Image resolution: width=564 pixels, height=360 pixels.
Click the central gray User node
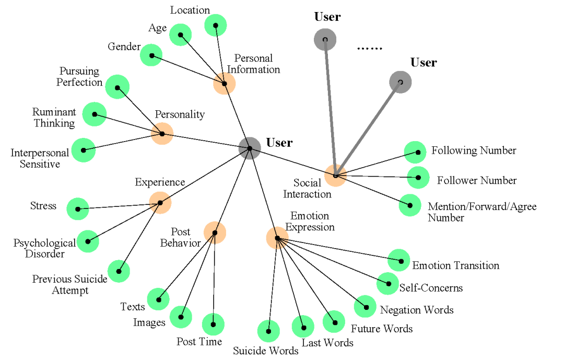250,148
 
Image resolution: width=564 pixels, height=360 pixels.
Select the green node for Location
216,25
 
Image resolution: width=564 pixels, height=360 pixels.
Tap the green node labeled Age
181,35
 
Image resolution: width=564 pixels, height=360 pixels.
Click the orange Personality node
162,134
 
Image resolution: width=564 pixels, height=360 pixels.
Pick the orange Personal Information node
225,84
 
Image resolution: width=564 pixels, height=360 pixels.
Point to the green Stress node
78,209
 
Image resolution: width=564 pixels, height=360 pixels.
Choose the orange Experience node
160,203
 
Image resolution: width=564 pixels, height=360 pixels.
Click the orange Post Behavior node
215,233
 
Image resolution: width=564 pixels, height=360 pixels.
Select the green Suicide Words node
269,331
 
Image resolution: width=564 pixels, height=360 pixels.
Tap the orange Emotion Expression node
277,238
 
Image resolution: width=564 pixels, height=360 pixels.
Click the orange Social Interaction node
336,176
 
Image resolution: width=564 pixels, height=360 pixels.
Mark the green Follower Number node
418,178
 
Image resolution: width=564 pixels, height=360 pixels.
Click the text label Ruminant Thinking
54,118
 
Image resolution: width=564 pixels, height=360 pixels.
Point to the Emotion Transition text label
456,265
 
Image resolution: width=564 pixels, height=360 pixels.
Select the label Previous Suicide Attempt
70,285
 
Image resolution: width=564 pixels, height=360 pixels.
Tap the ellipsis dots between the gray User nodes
369,48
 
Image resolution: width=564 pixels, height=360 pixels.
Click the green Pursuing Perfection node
118,87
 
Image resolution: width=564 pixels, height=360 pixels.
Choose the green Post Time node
213,324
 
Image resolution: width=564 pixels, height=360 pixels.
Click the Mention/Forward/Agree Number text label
482,212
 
